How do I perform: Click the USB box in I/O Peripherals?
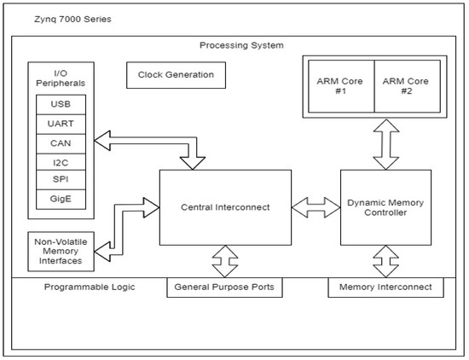[61, 104]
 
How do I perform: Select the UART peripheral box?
[61, 124]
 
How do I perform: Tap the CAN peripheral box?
[61, 143]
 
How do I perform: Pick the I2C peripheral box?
[61, 162]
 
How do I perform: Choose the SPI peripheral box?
[61, 180]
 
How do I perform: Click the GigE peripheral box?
[61, 200]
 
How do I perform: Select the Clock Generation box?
[176, 75]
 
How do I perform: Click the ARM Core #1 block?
[341, 86]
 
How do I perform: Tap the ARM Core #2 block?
[408, 86]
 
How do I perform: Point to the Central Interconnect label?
[225, 207]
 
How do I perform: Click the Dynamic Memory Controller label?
[385, 207]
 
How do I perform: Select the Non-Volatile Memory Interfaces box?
[61, 252]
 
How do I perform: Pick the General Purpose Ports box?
[224, 287]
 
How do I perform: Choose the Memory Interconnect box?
[385, 287]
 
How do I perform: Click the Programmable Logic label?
[90, 287]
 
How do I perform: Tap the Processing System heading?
[241, 45]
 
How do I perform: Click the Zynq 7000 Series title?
[72, 19]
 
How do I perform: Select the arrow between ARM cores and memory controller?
[386, 144]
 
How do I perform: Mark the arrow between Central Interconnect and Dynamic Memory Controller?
[316, 207]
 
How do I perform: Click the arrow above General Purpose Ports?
[225, 261]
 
